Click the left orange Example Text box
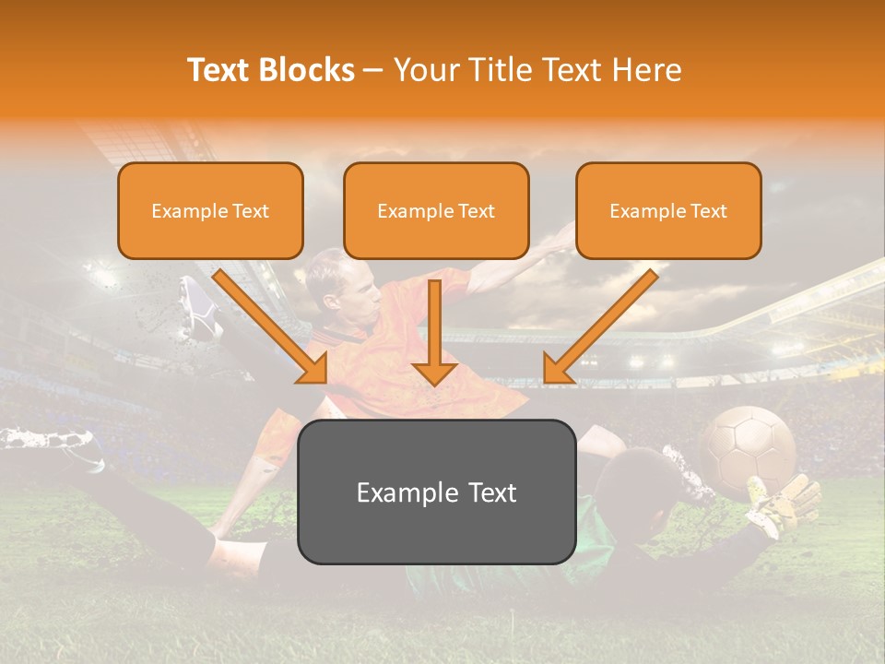(210, 210)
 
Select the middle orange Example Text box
(436, 210)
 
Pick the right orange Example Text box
(668, 210)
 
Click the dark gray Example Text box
(436, 492)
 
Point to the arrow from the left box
(272, 327)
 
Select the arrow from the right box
(599, 327)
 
